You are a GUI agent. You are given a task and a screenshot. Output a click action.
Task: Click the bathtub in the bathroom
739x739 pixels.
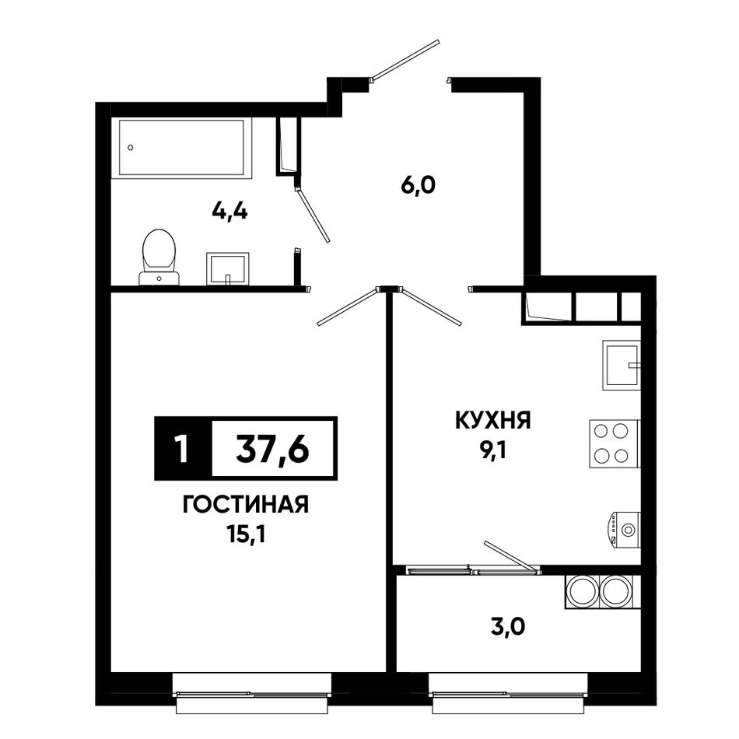pos(181,148)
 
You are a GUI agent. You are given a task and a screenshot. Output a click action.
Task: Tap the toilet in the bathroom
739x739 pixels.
pos(159,257)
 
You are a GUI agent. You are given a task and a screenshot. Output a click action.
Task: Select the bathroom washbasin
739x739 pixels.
pos(228,268)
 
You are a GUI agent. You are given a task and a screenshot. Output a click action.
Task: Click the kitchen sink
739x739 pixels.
pos(622,365)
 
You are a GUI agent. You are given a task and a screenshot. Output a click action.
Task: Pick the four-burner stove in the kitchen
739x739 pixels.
pos(614,443)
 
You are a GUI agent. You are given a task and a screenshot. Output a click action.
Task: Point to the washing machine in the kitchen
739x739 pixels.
pos(624,530)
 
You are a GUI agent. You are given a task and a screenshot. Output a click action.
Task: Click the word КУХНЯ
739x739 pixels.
pos(493,420)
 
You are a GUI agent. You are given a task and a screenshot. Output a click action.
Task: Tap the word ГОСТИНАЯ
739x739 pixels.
pos(245,505)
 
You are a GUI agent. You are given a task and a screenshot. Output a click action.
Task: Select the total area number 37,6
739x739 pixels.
pos(272,449)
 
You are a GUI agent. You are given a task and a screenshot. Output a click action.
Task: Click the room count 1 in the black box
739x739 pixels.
pos(181,449)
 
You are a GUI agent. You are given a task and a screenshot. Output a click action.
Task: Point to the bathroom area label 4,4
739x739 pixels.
pos(230,212)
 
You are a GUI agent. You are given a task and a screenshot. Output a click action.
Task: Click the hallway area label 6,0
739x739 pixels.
pos(418,186)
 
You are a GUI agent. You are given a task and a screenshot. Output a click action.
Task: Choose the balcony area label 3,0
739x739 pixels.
pos(508,627)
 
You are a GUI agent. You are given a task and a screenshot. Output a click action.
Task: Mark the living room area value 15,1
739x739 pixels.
pos(245,534)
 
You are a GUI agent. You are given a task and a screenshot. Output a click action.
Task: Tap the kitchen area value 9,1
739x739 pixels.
pos(493,451)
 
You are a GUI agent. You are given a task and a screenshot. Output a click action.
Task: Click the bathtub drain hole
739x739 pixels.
pos(131,148)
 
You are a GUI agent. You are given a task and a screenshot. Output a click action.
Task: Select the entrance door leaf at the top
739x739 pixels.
pos(405,60)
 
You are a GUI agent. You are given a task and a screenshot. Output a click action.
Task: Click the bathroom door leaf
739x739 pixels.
pos(313,215)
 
